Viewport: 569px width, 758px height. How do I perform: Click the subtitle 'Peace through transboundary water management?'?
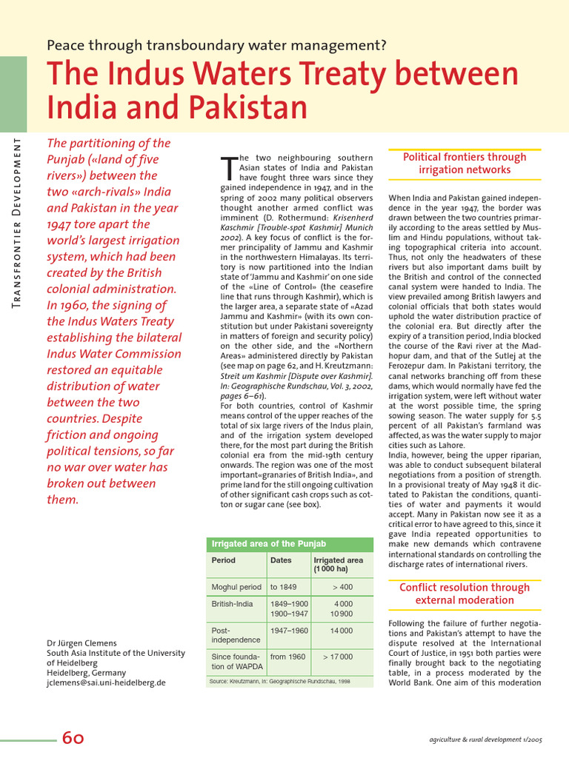216,45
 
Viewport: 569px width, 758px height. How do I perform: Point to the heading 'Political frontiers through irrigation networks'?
465,164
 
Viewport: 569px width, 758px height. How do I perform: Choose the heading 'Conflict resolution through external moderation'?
465,594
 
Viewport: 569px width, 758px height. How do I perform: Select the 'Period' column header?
224,560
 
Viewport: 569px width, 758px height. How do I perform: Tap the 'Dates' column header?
281,560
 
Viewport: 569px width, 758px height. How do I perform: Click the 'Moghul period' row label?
236,587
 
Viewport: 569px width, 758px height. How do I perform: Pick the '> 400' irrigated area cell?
342,587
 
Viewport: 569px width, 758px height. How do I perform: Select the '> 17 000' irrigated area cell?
338,657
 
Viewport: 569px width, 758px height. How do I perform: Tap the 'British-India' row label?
232,604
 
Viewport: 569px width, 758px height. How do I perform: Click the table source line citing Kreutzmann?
279,680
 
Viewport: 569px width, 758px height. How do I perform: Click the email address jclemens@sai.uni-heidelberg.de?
106,682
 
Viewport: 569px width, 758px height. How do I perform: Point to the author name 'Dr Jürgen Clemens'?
81,643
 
